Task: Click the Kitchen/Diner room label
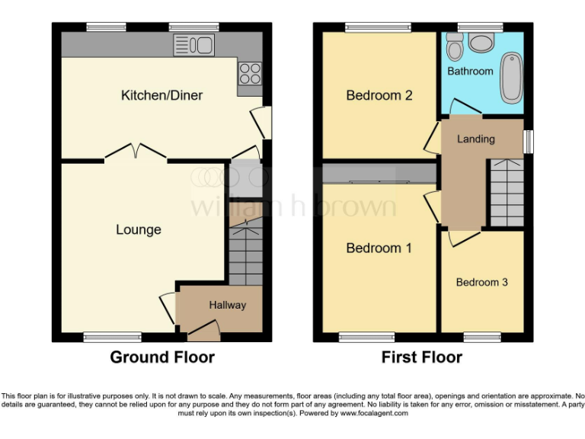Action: pos(161,95)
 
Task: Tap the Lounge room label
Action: pos(138,229)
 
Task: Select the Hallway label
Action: pos(228,305)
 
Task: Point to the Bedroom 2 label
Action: pos(379,95)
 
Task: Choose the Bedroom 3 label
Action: pos(481,282)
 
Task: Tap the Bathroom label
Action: pos(470,71)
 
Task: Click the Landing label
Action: pos(475,139)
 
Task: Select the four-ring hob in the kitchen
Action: pos(250,73)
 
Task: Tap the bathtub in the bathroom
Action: pos(511,78)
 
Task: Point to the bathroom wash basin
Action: pos(481,43)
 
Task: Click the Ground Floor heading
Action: pos(162,357)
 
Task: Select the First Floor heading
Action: pos(422,357)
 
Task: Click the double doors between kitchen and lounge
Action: pos(135,153)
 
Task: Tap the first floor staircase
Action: pos(505,192)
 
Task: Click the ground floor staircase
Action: pos(245,252)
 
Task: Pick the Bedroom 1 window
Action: pos(361,336)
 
